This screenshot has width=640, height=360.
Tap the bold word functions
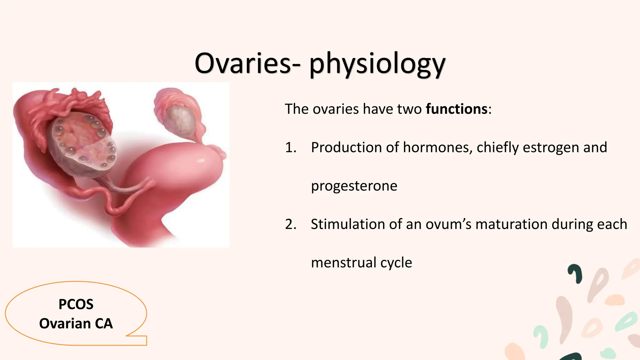[457, 109]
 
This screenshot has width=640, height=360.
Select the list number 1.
[290, 147]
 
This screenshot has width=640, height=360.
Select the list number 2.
[290, 224]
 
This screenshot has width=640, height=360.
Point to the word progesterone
[354, 186]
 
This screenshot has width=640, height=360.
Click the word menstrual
[343, 262]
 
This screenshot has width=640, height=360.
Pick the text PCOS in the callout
[76, 304]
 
